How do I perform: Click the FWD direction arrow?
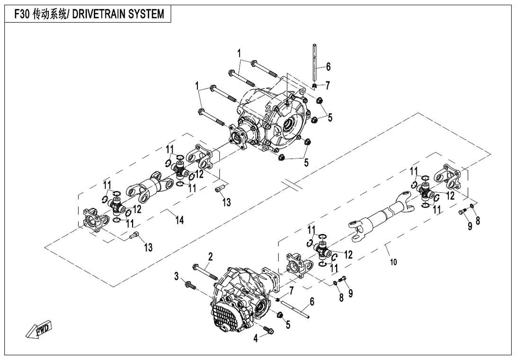point(39,330)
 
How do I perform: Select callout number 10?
point(393,262)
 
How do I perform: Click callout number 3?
point(176,276)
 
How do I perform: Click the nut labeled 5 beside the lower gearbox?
point(280,315)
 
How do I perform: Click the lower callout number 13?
point(148,247)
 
